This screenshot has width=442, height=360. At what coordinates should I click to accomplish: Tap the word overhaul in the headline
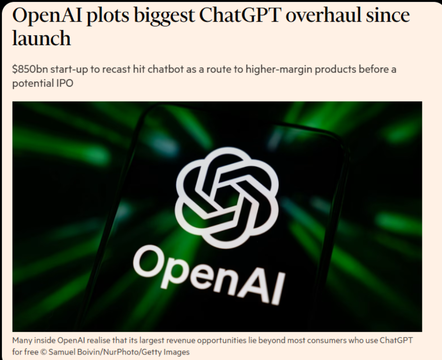click(323, 15)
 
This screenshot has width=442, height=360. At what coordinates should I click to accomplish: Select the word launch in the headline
click(41, 38)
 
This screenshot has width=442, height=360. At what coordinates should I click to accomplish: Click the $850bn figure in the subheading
click(30, 69)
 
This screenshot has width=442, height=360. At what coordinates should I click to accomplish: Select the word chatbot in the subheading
click(165, 69)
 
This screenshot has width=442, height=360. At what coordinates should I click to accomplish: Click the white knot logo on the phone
click(227, 198)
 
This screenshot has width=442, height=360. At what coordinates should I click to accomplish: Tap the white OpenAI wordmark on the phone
click(208, 275)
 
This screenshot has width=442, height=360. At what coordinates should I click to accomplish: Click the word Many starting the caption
click(22, 341)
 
